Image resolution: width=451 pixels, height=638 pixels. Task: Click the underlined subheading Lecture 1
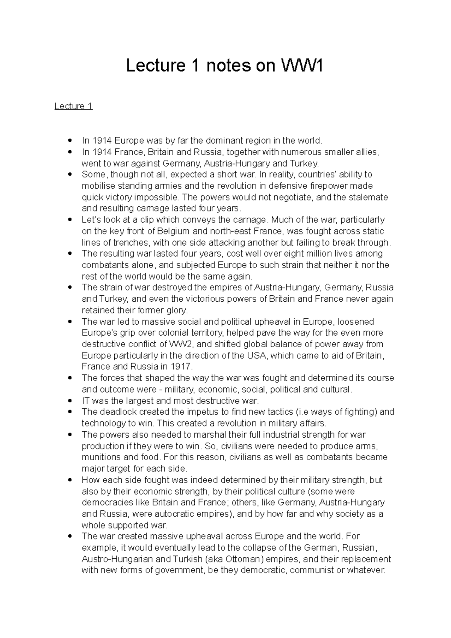(73, 106)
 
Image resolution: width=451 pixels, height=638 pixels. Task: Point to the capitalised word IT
(86, 401)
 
